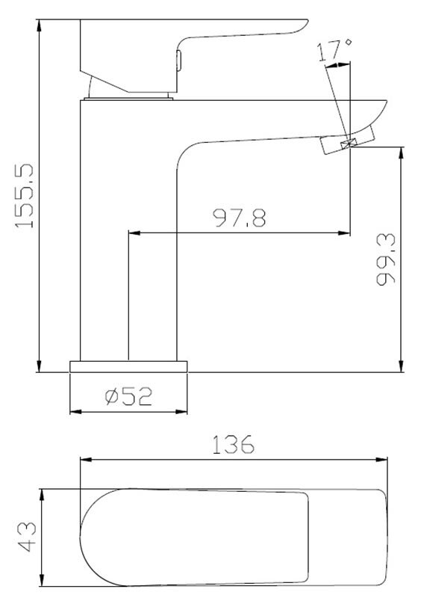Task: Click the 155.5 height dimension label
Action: pyautogui.click(x=25, y=196)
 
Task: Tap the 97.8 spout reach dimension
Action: pyautogui.click(x=240, y=218)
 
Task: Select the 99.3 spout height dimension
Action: pyautogui.click(x=386, y=259)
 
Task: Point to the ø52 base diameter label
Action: pyautogui.click(x=128, y=396)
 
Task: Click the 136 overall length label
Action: pyautogui.click(x=232, y=444)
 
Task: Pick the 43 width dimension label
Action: pyautogui.click(x=27, y=537)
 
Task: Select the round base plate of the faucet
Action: pyautogui.click(x=128, y=366)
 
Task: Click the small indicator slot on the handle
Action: pyautogui.click(x=179, y=61)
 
